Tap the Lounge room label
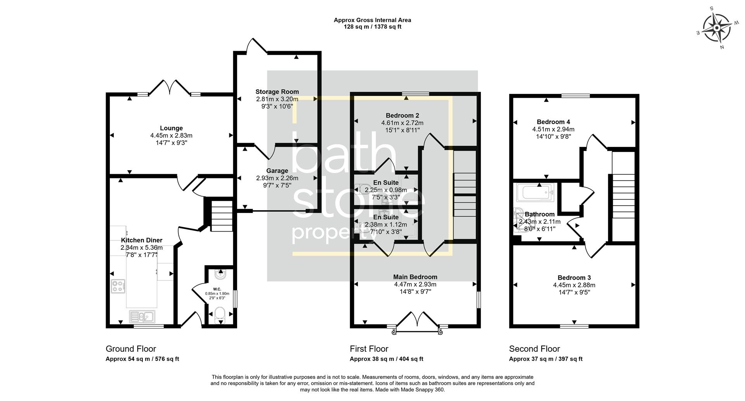[171, 128]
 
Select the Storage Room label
[277, 92]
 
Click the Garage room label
[277, 171]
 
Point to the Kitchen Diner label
[141, 240]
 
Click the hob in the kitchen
[118, 286]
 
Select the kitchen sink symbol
[142, 316]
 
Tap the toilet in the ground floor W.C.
[220, 314]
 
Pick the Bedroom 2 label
[402, 116]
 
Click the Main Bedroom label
[415, 277]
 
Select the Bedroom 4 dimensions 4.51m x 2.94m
[553, 130]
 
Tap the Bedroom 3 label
[574, 278]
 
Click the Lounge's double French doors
[169, 88]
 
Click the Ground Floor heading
[131, 349]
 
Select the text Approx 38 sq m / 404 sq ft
[386, 359]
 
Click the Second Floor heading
[534, 349]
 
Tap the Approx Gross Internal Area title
[372, 20]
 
